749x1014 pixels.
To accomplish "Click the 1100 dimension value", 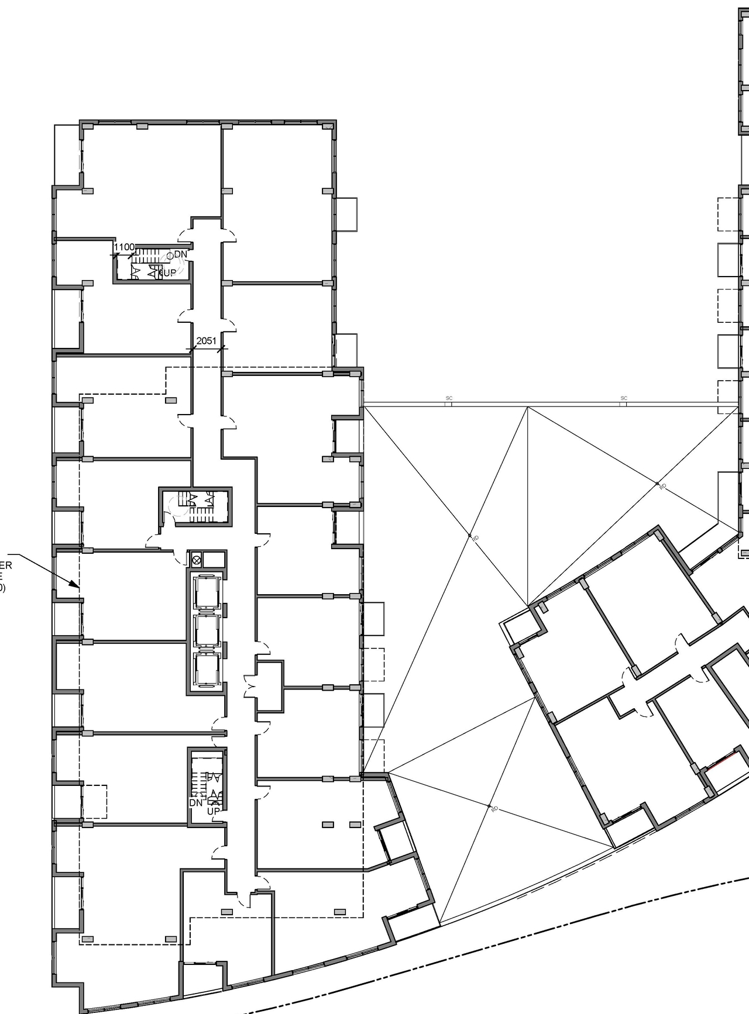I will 123,247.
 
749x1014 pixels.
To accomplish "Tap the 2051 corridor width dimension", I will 206,341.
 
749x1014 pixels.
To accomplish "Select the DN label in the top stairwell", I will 180,255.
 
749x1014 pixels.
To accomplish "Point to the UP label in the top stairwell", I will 169,273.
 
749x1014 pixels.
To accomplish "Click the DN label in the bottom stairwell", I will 195,803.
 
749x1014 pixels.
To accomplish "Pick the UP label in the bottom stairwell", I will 214,811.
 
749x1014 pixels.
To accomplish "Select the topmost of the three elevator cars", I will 206,593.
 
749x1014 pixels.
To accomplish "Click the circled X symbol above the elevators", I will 196,560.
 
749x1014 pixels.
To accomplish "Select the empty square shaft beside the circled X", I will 214,560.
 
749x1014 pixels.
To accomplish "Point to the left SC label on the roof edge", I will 449,398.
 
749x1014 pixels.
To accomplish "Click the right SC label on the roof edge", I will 623,398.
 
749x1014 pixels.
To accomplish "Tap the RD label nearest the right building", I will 662,486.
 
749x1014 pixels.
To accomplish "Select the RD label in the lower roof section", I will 494,809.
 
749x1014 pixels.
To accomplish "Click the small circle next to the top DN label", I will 170,256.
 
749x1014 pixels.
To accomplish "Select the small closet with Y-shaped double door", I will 269,686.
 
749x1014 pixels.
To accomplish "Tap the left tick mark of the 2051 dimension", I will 190,349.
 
